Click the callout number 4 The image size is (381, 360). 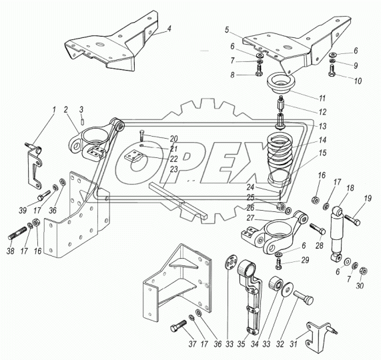tap(169, 29)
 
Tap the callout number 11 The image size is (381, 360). tap(322, 98)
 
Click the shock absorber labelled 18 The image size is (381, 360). tap(336, 235)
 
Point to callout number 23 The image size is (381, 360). tap(174, 169)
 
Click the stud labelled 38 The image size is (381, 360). tap(17, 233)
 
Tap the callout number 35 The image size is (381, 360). tap(242, 344)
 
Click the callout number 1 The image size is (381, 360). tap(53, 110)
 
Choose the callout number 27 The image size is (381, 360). tap(250, 218)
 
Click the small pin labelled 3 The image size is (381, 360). tap(83, 121)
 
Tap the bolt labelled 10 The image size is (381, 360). tap(333, 71)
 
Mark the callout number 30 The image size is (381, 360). tap(360, 286)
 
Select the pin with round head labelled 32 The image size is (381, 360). tap(304, 297)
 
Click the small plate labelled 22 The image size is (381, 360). tap(134, 155)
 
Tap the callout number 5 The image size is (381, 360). tap(227, 30)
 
